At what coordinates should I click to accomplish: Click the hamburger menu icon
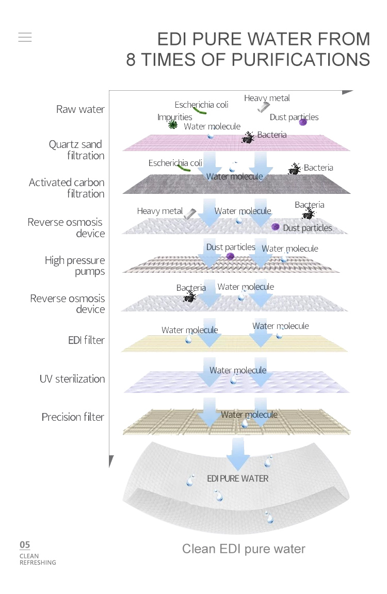25,37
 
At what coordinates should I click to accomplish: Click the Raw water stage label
80,109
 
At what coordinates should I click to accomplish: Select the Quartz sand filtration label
76,150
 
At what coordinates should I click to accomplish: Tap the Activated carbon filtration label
67,188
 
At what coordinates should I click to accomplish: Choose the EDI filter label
86,340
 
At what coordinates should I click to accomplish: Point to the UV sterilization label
72,379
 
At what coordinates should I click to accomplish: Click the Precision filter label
73,417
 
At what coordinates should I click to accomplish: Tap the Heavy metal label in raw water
267,98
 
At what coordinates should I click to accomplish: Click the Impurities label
174,117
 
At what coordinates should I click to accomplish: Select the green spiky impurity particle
173,125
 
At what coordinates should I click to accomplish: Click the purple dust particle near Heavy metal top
303,122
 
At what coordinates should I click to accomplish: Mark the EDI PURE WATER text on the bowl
237,478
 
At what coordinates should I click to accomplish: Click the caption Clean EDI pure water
244,549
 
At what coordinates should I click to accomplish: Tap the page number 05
25,544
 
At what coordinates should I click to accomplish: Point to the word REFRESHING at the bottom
38,563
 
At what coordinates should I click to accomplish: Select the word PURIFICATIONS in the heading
301,59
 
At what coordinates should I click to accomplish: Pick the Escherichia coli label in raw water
201,105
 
